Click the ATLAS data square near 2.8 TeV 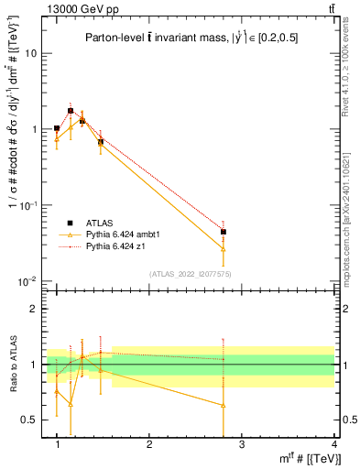pyautogui.click(x=224, y=232)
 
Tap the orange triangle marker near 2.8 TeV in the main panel pyautogui.click(x=224, y=248)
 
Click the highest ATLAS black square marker pyautogui.click(x=71, y=111)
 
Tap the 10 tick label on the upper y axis pyautogui.click(x=32, y=53)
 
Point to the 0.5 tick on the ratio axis pyautogui.click(x=33, y=420)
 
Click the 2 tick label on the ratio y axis pyautogui.click(x=36, y=309)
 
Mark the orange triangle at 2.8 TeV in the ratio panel pyautogui.click(x=224, y=405)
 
